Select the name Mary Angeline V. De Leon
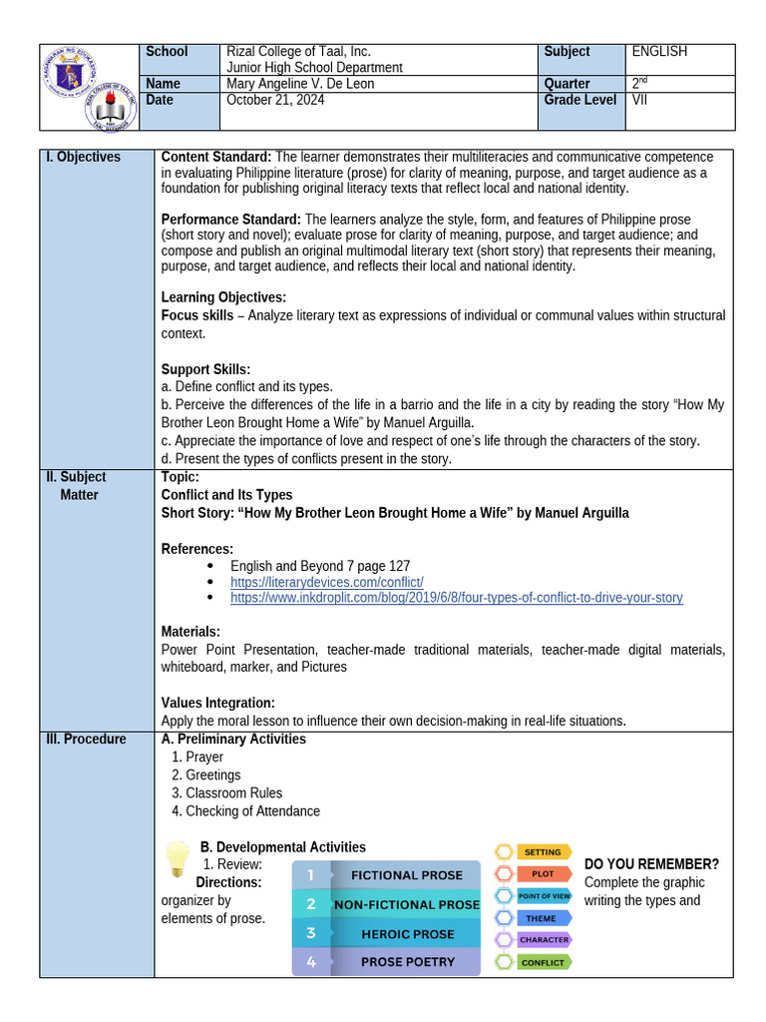300,84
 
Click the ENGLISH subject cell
659,52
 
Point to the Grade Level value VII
639,100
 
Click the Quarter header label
568,84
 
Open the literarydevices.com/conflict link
327,582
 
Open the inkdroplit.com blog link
456,598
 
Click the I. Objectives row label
83,158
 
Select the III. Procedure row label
86,740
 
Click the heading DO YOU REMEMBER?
651,864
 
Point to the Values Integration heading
217,703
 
